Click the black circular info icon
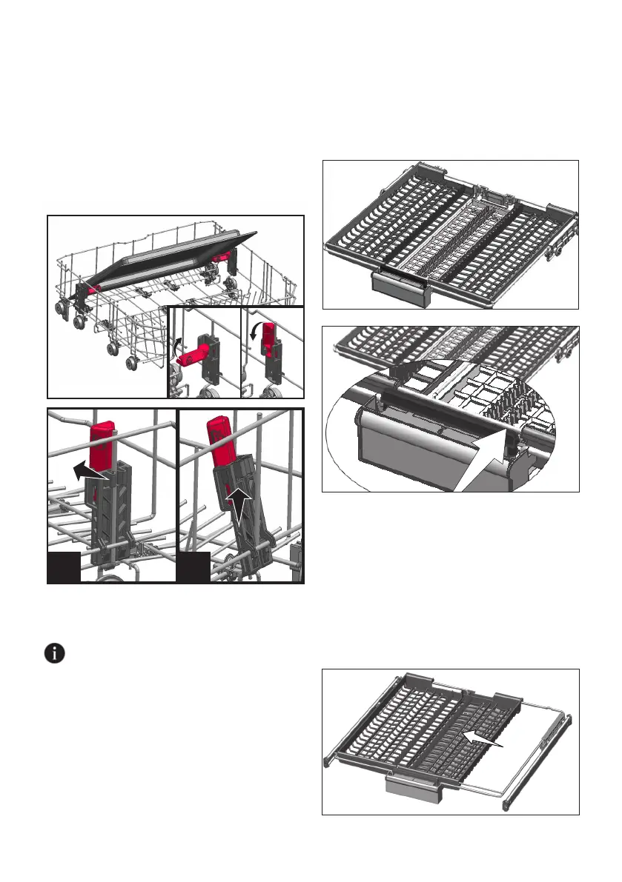point(55,654)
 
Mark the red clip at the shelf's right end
point(221,255)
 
